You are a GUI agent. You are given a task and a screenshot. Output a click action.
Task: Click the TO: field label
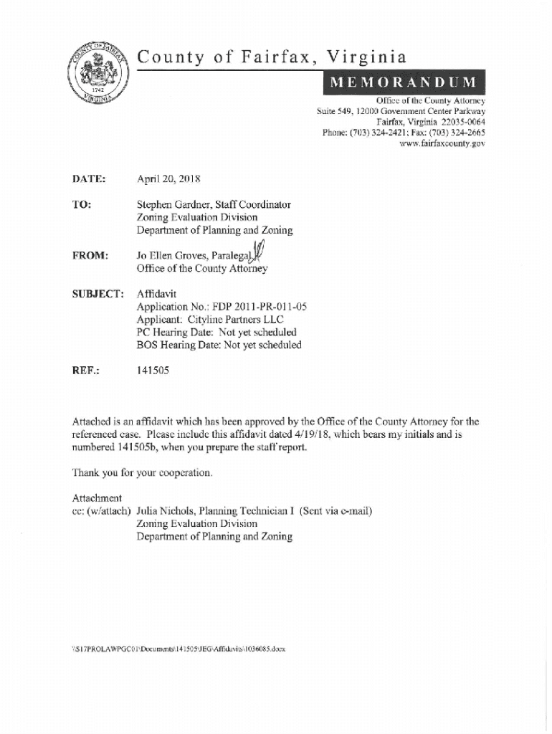pyautogui.click(x=81, y=204)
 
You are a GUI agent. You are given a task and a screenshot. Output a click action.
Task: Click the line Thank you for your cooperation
pyautogui.click(x=143, y=473)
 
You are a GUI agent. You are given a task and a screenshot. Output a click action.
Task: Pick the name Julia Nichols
pyautogui.click(x=166, y=511)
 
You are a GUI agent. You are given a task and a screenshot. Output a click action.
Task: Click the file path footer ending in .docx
pyautogui.click(x=179, y=649)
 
